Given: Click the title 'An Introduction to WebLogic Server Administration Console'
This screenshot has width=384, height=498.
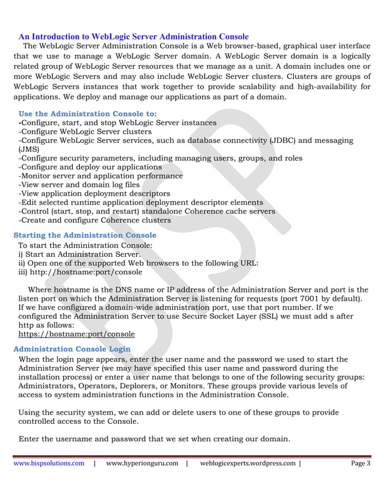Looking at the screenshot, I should point(134,37).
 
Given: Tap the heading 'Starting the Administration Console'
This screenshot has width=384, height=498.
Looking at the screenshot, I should point(85,235).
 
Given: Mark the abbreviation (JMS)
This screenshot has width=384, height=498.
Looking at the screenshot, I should point(29,149).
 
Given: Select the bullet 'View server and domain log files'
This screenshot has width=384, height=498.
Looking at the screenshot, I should point(79,184).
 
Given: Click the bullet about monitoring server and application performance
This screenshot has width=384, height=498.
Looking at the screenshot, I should point(101,175).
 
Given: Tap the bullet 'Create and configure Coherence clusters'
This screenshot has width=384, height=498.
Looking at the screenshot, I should point(94,220).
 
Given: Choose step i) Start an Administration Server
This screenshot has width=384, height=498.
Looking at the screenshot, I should point(75,254).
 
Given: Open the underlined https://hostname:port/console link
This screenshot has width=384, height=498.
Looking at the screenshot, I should point(76,333).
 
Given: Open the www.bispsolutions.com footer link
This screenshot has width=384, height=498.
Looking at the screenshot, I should point(49,463).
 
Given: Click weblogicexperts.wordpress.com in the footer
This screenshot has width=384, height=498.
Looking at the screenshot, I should point(247,463).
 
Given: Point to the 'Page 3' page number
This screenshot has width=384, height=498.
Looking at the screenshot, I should point(361,463).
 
